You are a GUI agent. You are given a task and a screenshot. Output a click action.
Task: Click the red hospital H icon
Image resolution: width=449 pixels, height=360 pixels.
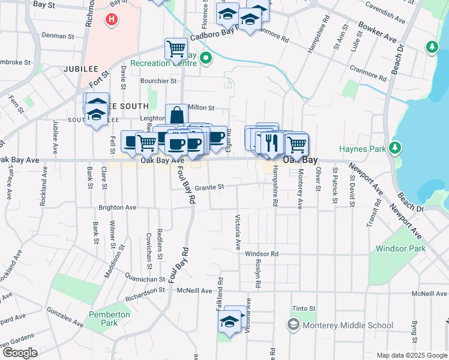pos(111,20)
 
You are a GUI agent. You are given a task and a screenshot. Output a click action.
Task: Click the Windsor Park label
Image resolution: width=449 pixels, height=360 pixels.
pos(400,248)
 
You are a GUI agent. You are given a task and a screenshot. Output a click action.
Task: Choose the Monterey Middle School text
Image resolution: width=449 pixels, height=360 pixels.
pos(348,325)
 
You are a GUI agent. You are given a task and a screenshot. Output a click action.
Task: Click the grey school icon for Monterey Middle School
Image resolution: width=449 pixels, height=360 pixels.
pos(293,325)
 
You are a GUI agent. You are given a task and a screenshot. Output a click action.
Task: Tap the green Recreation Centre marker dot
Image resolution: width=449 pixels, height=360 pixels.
pos(206,58)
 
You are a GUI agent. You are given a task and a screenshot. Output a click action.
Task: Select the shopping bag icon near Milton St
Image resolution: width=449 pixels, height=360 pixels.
pos(176,115)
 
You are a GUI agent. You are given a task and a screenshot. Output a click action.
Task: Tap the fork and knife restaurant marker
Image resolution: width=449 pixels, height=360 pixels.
pos(272,142)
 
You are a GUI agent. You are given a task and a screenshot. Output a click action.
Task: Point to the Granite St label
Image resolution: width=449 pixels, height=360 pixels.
pos(209,187)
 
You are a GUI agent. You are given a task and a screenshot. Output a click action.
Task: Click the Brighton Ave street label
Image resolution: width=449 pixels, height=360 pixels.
pos(118,208)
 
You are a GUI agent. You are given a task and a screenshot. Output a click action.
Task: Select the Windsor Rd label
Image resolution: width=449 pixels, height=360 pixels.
pos(262,254)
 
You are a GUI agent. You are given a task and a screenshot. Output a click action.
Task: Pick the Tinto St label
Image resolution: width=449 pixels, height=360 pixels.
pos(304,308)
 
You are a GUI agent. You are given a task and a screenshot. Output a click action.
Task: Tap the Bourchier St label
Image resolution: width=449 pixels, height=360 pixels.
pos(158,80)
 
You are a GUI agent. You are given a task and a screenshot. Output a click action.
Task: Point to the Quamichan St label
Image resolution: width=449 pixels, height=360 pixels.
pos(145,279)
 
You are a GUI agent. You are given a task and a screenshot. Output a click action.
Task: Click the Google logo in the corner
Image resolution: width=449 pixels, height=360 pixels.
pos(19,353)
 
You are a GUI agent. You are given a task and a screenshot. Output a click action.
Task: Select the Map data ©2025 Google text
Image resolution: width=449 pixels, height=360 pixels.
pos(411,355)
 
